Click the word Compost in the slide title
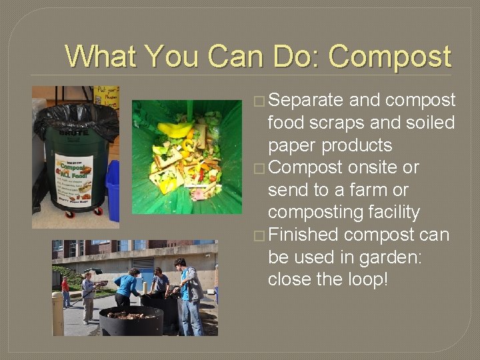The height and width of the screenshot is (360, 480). coord(389,57)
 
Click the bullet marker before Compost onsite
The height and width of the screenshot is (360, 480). coord(259,168)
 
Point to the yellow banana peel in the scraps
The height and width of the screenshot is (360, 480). coord(174,130)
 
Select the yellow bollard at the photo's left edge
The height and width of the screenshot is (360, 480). coord(58,313)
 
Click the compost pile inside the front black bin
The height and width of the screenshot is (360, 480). coord(130,315)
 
